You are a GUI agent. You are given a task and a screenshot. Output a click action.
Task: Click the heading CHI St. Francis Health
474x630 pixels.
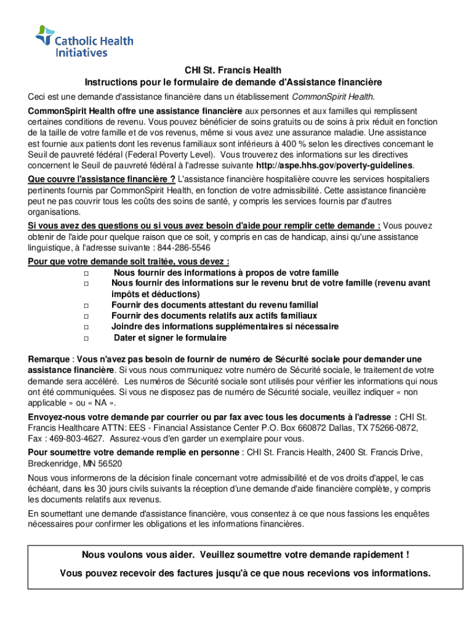pos(233,71)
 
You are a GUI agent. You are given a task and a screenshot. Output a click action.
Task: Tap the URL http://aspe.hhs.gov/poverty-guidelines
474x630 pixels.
pos(334,166)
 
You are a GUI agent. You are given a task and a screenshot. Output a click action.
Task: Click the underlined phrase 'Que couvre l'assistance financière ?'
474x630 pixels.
pos(101,179)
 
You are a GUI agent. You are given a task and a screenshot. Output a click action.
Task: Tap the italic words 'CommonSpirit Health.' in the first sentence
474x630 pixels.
pos(332,97)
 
